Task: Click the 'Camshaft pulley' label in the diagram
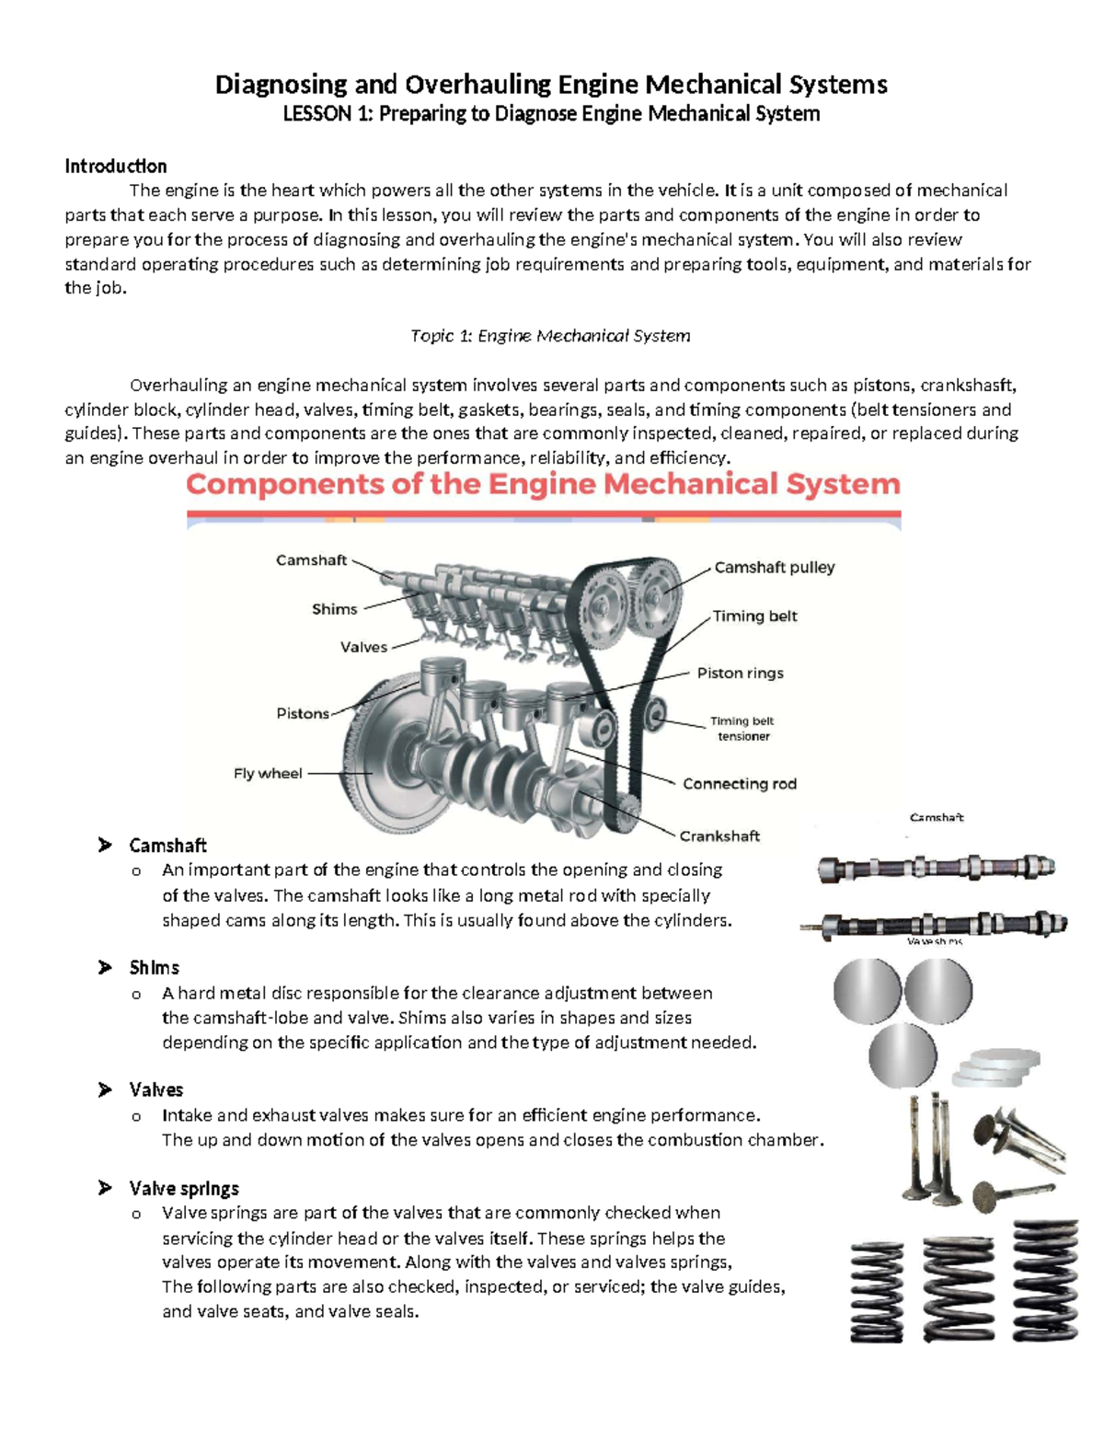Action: coord(774,568)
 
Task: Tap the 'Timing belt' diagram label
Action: coord(754,617)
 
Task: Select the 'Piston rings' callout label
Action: coord(740,674)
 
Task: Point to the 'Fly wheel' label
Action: coord(268,774)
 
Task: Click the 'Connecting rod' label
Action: coord(739,784)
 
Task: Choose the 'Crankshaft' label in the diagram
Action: coord(719,836)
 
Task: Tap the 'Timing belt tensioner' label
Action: coord(742,729)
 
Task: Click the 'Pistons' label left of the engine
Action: coord(303,714)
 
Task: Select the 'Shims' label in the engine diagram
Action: coord(334,609)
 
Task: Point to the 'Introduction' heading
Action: coord(116,167)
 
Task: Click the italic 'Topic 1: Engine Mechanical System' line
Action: coord(550,336)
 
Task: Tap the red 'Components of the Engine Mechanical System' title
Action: coord(543,485)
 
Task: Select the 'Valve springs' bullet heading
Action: coord(184,1189)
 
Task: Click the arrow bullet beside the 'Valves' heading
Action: coord(105,1089)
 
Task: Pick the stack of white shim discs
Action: coord(996,1068)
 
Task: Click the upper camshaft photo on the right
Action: coord(936,868)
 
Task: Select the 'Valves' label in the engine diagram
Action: coord(363,648)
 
